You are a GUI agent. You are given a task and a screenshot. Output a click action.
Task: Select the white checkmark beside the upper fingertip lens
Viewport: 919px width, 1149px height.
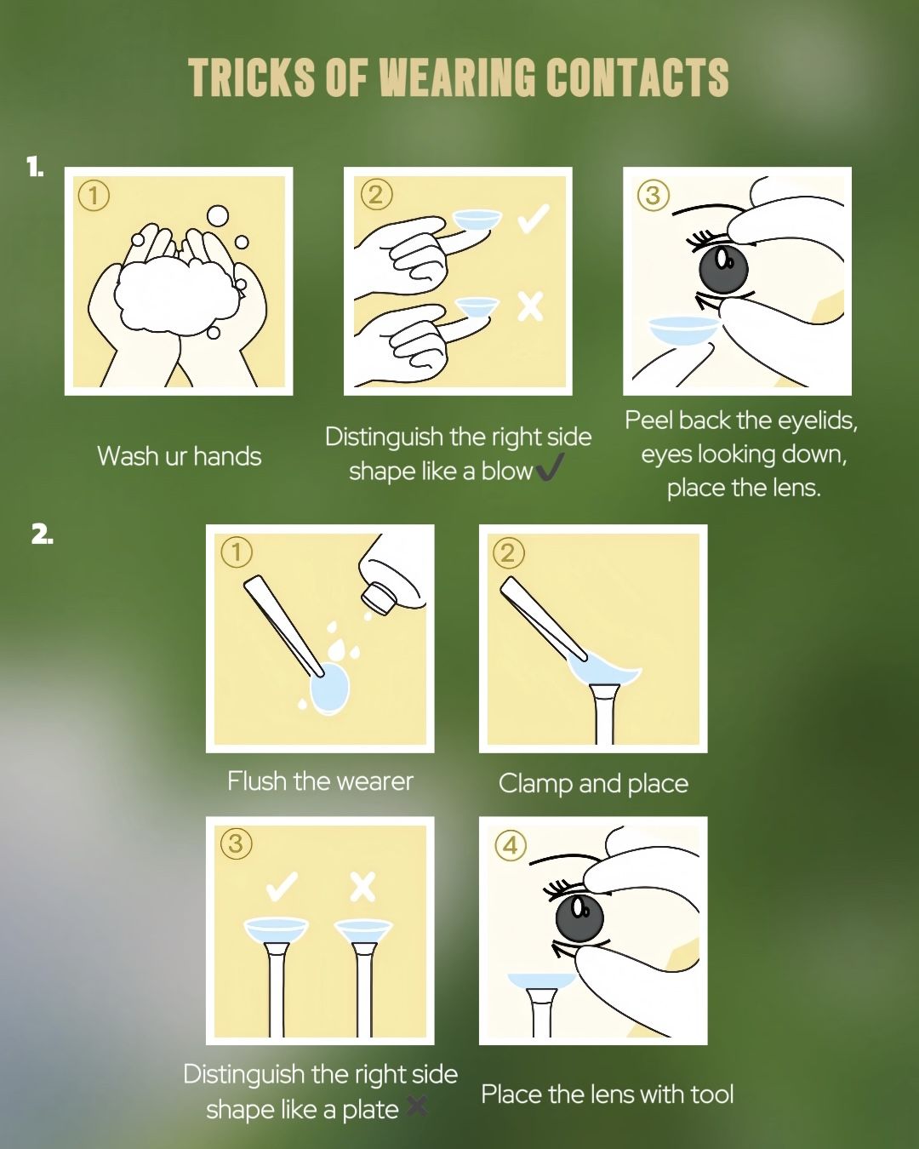click(x=533, y=220)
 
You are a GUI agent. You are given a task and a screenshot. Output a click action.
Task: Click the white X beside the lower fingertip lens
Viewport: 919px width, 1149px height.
click(x=530, y=306)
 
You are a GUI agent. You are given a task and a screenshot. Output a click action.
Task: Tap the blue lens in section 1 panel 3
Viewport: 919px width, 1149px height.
click(x=683, y=330)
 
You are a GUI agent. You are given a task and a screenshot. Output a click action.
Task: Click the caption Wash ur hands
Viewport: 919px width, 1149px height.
click(x=180, y=456)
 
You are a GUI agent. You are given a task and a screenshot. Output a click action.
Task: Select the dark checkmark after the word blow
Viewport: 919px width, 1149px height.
click(x=549, y=470)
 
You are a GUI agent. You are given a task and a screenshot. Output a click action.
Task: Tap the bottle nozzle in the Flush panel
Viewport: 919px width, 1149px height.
click(x=380, y=596)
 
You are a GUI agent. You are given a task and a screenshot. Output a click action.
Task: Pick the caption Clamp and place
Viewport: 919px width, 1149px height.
click(x=593, y=784)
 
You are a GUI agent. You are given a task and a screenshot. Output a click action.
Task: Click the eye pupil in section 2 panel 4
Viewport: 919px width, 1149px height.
click(x=580, y=922)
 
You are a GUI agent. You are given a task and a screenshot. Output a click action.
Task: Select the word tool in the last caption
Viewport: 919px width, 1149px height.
click(x=712, y=1095)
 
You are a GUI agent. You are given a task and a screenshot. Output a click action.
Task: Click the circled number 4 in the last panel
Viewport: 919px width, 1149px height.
click(x=511, y=845)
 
